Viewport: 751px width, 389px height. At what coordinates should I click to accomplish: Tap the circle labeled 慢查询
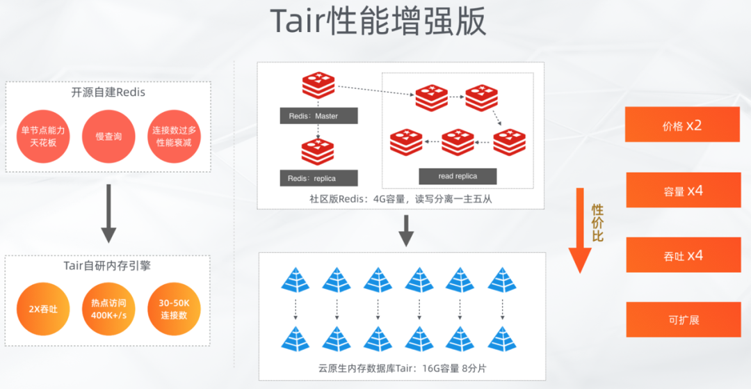108,136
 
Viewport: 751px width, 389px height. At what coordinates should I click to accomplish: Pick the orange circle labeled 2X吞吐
43,309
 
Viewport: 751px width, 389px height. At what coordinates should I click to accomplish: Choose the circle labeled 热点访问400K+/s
108,309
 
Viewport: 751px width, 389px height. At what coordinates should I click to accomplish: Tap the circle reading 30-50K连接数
174,309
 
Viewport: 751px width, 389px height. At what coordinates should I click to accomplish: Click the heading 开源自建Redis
108,92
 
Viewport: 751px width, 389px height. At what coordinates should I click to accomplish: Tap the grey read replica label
458,176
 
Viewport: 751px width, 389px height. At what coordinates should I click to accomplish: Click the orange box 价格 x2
682,126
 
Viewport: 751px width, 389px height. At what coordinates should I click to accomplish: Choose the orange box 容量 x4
682,191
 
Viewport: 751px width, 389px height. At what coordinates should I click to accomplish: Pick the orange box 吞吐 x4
682,255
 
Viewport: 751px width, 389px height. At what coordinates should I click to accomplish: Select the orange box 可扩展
682,320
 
